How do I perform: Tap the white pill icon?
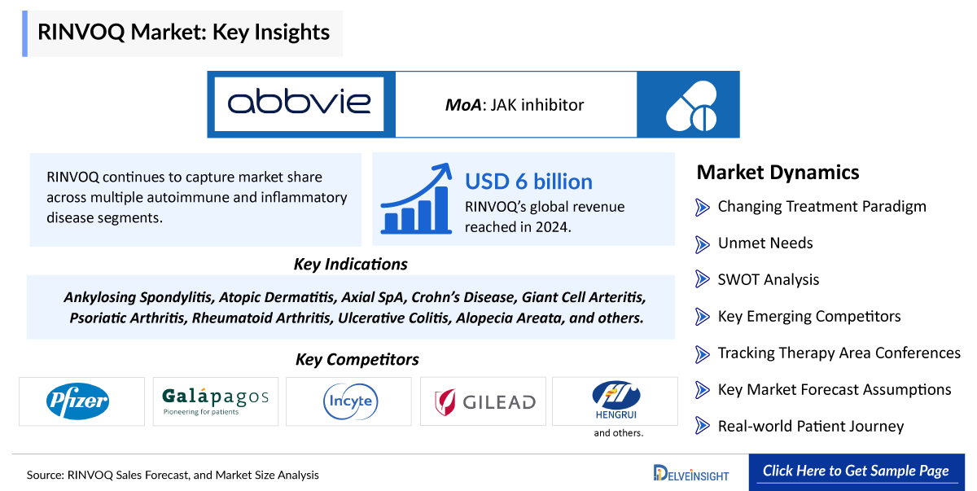pyautogui.click(x=692, y=106)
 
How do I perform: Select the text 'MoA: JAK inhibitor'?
pyautogui.click(x=515, y=105)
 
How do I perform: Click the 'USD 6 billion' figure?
pyautogui.click(x=528, y=182)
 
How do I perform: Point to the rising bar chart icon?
pyautogui.click(x=416, y=199)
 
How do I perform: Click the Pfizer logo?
pyautogui.click(x=77, y=401)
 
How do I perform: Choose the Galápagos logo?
pyautogui.click(x=215, y=401)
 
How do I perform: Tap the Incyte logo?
pyautogui.click(x=350, y=401)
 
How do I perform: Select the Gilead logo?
pyautogui.click(x=485, y=402)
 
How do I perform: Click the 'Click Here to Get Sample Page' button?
pyautogui.click(x=857, y=471)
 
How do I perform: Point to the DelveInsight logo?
pyautogui.click(x=691, y=473)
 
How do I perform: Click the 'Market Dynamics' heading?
pyautogui.click(x=778, y=173)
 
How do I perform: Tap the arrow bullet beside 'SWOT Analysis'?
pyautogui.click(x=702, y=279)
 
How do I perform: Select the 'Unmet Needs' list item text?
pyautogui.click(x=765, y=243)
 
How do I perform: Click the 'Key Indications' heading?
pyautogui.click(x=350, y=265)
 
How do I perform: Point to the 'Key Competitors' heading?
pyautogui.click(x=357, y=359)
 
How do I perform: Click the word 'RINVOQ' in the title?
pyautogui.click(x=81, y=33)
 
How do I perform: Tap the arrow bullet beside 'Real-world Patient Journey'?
pyautogui.click(x=702, y=426)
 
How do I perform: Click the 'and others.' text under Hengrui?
pyautogui.click(x=619, y=433)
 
